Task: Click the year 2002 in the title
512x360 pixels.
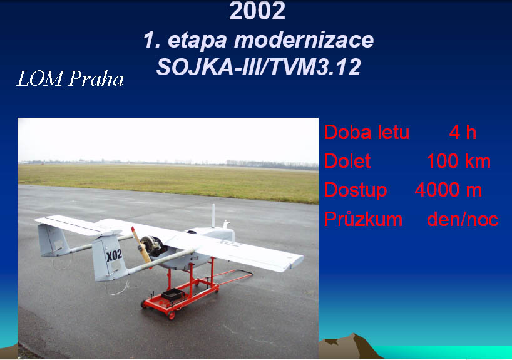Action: tap(257, 11)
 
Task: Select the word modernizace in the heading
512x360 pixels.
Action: tap(304, 40)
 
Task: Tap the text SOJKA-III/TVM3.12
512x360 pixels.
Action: tap(259, 67)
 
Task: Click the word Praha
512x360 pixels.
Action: tap(96, 79)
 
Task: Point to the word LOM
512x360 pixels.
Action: tap(39, 79)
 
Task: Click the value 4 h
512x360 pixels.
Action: tap(463, 132)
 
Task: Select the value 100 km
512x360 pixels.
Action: tap(459, 161)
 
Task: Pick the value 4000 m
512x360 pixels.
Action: tap(448, 190)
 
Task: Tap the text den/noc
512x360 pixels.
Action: tap(463, 219)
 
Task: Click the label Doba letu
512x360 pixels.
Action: tap(367, 132)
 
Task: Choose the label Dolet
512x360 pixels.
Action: tap(347, 161)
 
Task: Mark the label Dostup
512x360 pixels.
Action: tap(356, 190)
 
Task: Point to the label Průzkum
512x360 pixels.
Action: tap(363, 219)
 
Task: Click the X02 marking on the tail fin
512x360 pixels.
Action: tap(114, 255)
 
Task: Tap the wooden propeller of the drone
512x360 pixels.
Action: tap(141, 245)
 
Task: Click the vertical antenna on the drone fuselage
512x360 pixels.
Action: tap(213, 216)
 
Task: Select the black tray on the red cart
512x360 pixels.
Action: tap(172, 294)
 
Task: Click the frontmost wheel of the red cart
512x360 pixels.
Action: tap(171, 316)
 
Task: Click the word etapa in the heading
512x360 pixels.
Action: tap(197, 41)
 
